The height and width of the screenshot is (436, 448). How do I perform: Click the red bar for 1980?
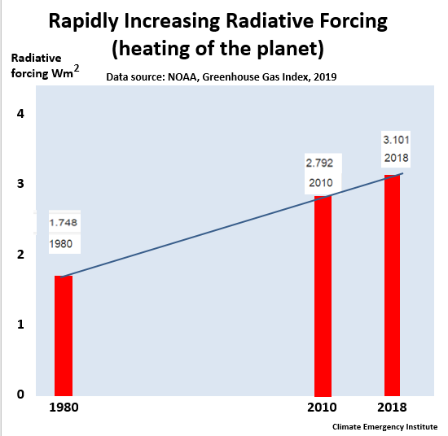[64, 336]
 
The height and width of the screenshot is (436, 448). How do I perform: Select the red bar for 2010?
[323, 296]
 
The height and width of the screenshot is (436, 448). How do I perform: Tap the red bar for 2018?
[392, 286]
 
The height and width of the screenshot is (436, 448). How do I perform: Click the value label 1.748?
[64, 222]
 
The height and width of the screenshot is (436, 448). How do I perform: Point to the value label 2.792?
[319, 163]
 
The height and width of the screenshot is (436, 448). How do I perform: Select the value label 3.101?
[396, 140]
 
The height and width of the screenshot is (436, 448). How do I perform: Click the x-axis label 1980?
[64, 408]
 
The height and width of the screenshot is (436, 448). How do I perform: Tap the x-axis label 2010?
[322, 408]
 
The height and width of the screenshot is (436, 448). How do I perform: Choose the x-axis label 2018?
[392, 408]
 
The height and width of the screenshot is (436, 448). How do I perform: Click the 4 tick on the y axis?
[20, 114]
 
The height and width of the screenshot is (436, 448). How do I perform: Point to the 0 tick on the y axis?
[20, 394]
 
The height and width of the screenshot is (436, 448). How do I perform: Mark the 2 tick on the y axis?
[20, 254]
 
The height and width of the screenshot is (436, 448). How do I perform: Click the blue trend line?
[231, 225]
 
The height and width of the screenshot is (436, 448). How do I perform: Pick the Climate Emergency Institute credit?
[384, 427]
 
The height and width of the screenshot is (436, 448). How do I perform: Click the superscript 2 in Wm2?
[77, 69]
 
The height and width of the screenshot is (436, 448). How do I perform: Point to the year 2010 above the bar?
[321, 183]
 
